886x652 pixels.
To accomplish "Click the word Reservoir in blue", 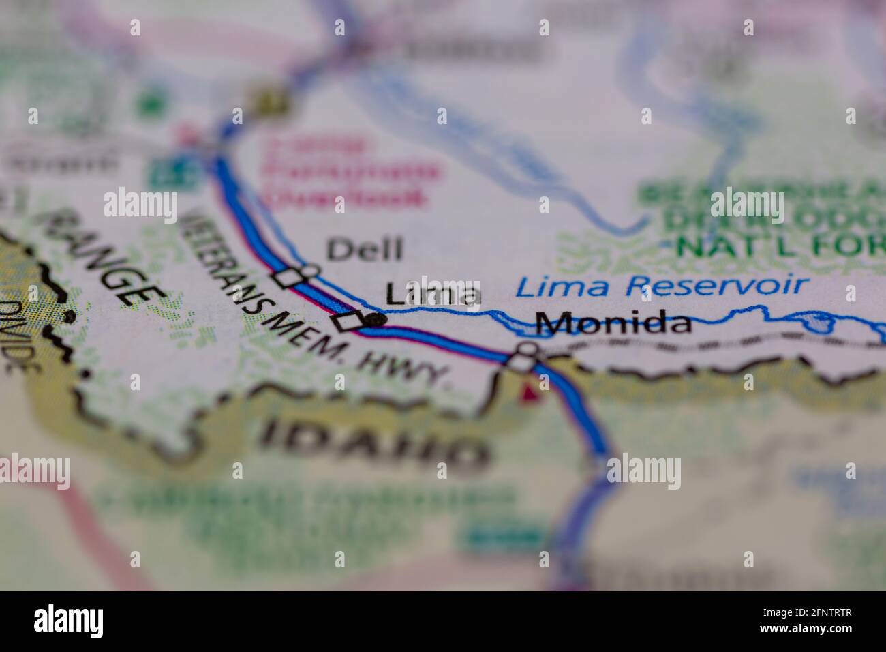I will [x=716, y=284].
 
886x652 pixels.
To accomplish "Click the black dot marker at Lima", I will [x=376, y=318].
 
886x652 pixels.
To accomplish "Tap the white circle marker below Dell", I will [x=309, y=271].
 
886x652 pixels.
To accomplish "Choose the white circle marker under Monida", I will [x=527, y=350].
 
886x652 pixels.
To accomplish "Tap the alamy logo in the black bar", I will [x=68, y=621].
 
